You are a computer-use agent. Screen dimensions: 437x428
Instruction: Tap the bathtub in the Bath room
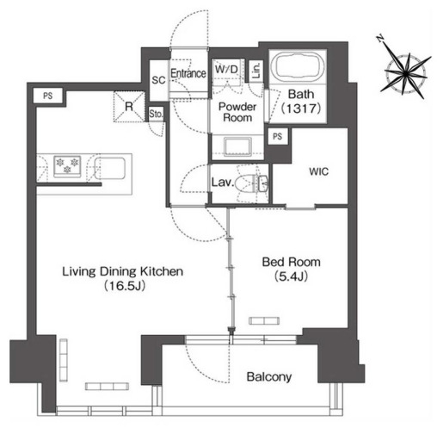tap(298, 68)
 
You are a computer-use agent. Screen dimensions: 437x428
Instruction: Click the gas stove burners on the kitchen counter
tap(67, 166)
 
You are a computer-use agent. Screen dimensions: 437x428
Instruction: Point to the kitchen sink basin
tap(110, 168)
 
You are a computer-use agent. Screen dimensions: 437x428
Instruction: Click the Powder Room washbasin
tap(237, 146)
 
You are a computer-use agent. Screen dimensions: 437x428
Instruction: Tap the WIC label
tap(318, 171)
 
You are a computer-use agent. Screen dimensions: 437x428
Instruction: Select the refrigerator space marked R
tap(129, 107)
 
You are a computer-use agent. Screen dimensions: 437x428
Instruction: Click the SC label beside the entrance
tap(158, 80)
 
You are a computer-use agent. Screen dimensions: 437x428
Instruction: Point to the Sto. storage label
tap(156, 114)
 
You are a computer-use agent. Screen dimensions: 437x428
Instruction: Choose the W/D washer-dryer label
tap(226, 69)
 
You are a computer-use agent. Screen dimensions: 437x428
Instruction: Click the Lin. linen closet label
tap(257, 71)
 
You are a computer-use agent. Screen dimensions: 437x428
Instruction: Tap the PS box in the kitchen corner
tap(48, 96)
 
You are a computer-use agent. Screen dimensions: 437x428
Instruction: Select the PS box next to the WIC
tap(277, 137)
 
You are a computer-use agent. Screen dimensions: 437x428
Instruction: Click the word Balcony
tap(269, 377)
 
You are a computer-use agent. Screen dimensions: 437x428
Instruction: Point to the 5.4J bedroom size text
tap(291, 276)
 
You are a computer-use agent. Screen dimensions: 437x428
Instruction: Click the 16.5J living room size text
tap(124, 286)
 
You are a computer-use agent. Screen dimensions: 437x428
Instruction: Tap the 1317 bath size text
tap(301, 109)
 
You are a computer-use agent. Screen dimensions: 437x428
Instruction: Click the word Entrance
tap(188, 73)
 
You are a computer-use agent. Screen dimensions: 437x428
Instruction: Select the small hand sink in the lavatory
tap(262, 183)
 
